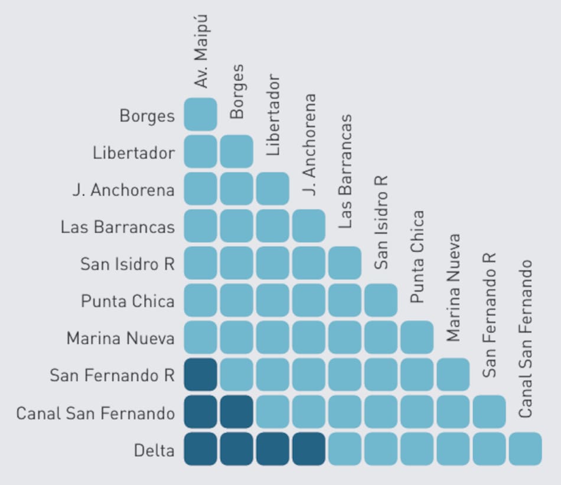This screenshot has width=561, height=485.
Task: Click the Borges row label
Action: [147, 115]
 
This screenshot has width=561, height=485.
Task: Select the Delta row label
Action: [154, 451]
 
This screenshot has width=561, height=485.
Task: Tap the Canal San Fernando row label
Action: [96, 414]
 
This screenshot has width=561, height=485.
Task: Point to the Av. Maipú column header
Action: [202, 52]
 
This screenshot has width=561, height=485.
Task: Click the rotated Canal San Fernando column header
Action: [526, 339]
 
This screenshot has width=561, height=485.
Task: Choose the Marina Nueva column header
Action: [453, 288]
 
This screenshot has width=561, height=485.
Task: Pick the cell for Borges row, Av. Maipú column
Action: [200, 114]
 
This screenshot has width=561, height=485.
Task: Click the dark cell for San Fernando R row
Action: [200, 375]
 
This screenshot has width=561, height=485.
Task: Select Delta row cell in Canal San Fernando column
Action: [525, 449]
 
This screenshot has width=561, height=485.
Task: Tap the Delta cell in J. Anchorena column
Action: [309, 449]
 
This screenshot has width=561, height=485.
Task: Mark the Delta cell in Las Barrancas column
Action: [345, 449]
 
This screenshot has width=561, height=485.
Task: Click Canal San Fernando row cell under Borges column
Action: [236, 412]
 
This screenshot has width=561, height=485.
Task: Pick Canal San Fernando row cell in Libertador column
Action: [273, 412]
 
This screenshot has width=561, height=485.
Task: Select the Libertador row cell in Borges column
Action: [236, 151]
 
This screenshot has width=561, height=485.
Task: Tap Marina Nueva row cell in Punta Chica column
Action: [417, 337]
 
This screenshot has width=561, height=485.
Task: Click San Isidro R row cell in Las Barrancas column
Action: [345, 263]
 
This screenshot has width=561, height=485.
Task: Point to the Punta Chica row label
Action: [128, 301]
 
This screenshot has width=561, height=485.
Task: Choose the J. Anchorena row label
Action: [124, 190]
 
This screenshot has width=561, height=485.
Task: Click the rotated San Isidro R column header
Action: [381, 222]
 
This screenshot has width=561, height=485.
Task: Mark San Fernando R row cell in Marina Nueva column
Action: [453, 375]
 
